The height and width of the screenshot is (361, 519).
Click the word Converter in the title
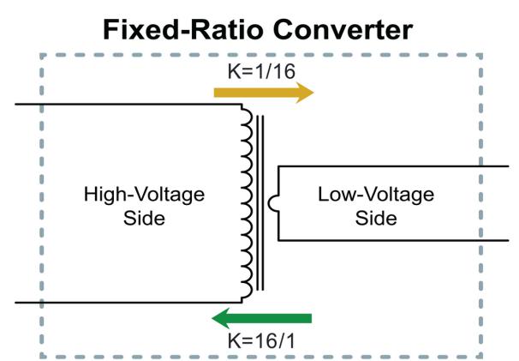(x=343, y=30)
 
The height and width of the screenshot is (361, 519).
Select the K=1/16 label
(x=261, y=71)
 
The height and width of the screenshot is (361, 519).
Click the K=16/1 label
(x=261, y=340)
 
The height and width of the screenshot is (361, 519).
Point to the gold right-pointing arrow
(x=264, y=93)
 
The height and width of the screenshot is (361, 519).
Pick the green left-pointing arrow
(x=261, y=318)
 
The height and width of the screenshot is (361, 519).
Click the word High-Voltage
(x=144, y=195)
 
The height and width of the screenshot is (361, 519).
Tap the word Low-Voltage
(x=376, y=195)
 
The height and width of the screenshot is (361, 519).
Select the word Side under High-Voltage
(x=144, y=219)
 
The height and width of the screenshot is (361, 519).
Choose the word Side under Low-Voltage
(x=376, y=219)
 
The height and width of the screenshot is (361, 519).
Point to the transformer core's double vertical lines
(x=260, y=203)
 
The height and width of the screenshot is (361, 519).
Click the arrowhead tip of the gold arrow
(x=313, y=93)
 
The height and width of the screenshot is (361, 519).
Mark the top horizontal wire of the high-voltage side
(x=128, y=105)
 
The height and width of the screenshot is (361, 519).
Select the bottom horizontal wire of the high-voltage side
(x=128, y=303)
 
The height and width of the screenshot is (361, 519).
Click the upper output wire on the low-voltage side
(x=393, y=166)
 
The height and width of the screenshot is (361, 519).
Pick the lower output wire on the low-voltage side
(x=393, y=240)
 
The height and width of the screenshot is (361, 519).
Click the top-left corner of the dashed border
(x=41, y=55)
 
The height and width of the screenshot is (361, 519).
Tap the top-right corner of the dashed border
(x=480, y=55)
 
